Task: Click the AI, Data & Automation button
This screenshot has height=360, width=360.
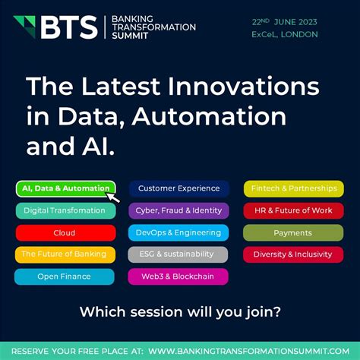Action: tap(65, 188)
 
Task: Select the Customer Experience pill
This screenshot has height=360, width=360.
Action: tap(178, 188)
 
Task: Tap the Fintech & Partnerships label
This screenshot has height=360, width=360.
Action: tap(292, 188)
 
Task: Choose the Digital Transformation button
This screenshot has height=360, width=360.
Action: tap(65, 210)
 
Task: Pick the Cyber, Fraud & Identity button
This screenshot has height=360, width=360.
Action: tap(178, 210)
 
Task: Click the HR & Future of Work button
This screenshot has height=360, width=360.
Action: tap(292, 210)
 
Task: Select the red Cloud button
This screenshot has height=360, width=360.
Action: tap(65, 232)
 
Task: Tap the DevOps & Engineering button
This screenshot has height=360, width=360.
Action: tap(178, 232)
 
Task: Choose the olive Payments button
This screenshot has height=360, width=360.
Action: tap(292, 232)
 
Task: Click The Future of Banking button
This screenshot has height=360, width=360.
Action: tap(65, 254)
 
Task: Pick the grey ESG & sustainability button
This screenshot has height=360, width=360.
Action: tap(178, 254)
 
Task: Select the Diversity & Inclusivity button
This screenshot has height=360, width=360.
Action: tap(292, 254)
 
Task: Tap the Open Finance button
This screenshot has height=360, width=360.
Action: tap(65, 276)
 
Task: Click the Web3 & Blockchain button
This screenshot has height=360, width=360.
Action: tap(178, 276)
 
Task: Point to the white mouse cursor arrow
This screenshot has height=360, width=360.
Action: tap(113, 197)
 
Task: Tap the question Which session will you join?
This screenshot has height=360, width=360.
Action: tap(180, 311)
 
